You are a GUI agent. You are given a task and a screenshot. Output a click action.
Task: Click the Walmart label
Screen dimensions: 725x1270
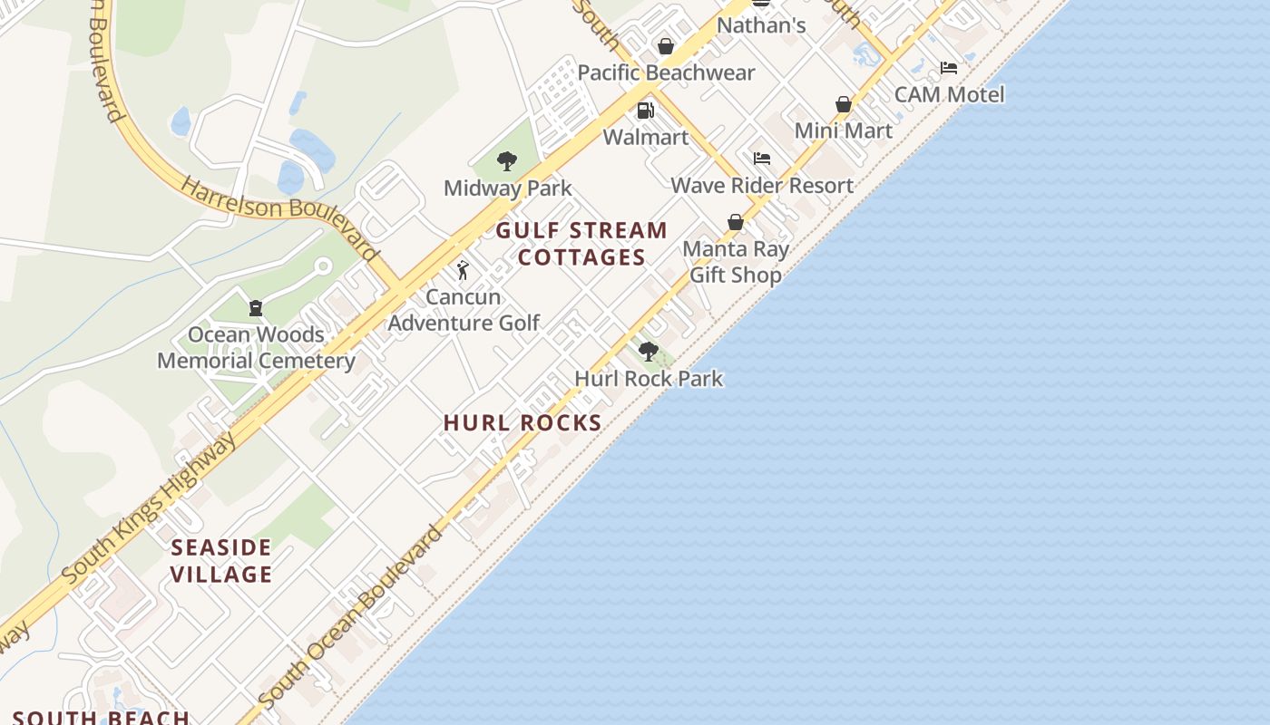[646, 137]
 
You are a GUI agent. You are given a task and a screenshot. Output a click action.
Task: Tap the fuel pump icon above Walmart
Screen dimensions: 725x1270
[646, 111]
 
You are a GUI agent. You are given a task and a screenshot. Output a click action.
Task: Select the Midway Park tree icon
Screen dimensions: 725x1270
[507, 161]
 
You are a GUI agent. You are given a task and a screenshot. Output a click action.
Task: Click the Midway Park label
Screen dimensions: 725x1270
[507, 188]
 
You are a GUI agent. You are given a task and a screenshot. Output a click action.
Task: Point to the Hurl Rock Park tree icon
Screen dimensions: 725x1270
[648, 352]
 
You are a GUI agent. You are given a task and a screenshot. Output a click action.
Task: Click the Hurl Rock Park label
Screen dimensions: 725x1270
[649, 378]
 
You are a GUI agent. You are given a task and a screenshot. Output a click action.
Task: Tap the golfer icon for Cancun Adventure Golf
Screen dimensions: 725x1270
[463, 270]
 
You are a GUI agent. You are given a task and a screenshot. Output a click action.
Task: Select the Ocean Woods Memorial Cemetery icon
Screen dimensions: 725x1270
[255, 308]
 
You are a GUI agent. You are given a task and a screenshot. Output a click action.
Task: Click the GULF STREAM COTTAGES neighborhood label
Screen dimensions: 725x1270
[581, 244]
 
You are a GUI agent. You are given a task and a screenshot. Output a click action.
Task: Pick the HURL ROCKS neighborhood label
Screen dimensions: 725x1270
[523, 422]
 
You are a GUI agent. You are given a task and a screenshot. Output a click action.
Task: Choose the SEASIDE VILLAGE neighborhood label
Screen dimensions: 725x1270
[221, 561]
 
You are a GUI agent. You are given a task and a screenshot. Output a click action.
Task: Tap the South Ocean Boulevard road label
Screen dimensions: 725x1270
[351, 616]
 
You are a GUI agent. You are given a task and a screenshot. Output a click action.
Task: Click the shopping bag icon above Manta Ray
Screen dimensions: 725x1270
[736, 222]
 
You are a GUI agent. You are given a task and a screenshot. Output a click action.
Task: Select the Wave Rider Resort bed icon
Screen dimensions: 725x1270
[762, 159]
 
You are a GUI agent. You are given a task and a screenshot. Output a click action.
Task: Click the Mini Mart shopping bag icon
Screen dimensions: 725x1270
[844, 104]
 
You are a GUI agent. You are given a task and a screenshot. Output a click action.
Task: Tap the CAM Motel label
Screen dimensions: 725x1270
[949, 94]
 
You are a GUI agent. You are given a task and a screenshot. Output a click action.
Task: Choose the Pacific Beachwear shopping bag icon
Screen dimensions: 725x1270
[666, 46]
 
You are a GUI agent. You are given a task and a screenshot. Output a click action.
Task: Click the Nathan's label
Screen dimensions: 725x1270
[761, 25]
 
